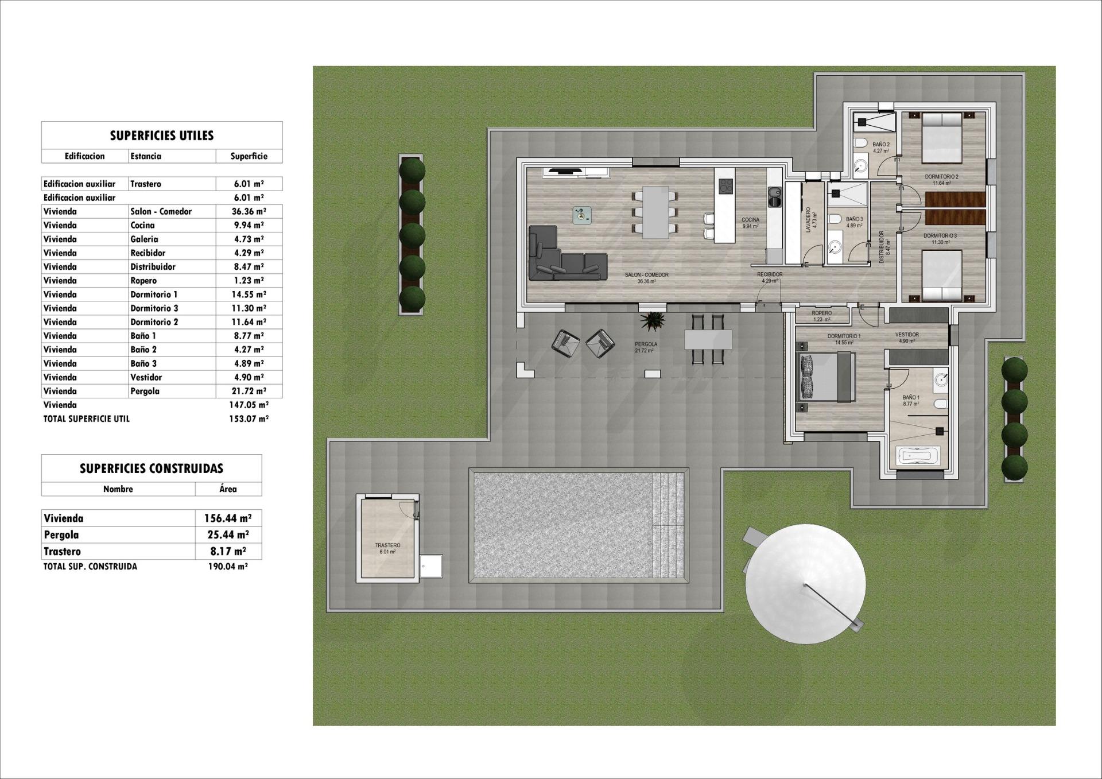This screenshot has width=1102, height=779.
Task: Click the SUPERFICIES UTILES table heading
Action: click(x=162, y=135)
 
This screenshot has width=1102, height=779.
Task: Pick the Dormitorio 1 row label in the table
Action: click(x=154, y=294)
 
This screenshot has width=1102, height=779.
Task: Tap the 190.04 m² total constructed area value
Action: click(x=228, y=567)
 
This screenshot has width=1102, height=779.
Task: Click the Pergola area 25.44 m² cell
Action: click(x=228, y=535)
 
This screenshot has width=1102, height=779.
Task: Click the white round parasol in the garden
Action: click(x=805, y=584)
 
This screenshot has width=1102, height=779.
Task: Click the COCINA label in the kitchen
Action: click(x=750, y=220)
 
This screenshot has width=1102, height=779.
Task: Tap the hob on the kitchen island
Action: click(x=726, y=186)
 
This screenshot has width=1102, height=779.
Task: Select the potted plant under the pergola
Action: click(x=653, y=321)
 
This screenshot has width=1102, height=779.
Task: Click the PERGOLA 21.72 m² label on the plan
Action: click(x=646, y=347)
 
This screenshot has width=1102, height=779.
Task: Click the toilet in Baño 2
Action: click(x=860, y=143)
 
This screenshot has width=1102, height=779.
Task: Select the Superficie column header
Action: click(x=249, y=156)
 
